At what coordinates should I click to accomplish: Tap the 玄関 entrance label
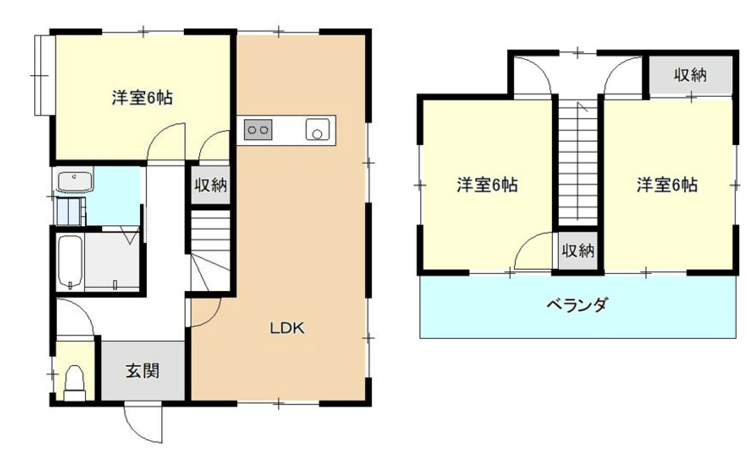(x=143, y=371)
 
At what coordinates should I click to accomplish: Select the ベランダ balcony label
(x=577, y=304)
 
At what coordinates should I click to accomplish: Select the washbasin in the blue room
(x=75, y=181)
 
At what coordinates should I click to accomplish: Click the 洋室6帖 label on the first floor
(x=142, y=97)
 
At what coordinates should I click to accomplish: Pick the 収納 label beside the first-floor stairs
(x=211, y=186)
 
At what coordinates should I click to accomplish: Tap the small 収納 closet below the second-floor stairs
(x=578, y=251)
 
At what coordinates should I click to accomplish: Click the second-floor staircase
(x=578, y=162)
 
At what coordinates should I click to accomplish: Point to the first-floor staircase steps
(x=211, y=231)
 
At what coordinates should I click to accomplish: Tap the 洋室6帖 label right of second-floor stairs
(x=667, y=185)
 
